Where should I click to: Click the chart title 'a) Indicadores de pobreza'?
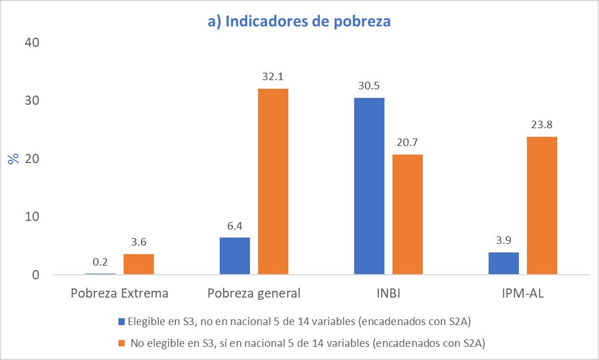[299, 21]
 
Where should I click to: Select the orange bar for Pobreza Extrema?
[138, 264]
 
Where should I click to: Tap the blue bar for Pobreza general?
[235, 256]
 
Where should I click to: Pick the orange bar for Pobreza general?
[273, 181]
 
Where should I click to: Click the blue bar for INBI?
[370, 186]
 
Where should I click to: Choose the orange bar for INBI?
[407, 215]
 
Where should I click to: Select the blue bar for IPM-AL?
[504, 263]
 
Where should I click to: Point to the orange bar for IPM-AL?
[542, 205]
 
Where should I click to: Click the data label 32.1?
[273, 77]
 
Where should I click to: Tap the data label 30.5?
[369, 86]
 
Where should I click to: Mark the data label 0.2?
[100, 262]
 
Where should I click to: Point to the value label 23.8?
[542, 125]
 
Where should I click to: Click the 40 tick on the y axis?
[32, 42]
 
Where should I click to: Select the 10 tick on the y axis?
[32, 217]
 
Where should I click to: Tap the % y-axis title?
[14, 159]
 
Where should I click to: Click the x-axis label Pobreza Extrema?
[120, 293]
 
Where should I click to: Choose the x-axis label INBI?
[388, 293]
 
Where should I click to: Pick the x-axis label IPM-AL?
[523, 293]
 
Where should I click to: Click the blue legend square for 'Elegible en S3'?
[122, 322]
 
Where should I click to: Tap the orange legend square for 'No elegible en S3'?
[122, 343]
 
